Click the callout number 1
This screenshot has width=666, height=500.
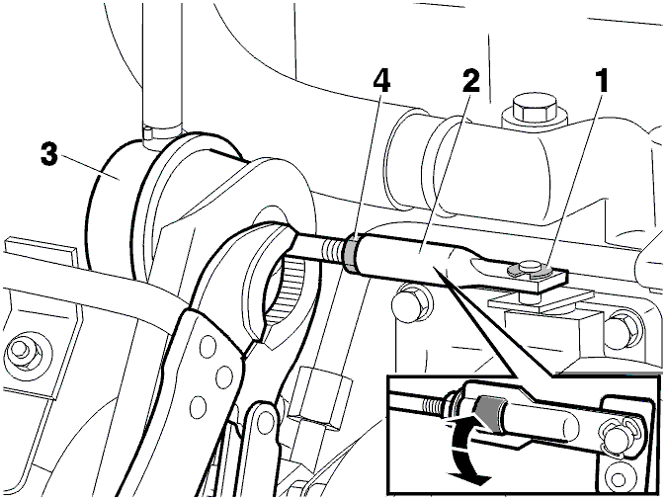(x=601, y=81)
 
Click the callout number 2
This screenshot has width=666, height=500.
(x=470, y=81)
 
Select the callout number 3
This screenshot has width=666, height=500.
(x=48, y=154)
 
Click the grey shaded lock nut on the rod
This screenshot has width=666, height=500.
(x=352, y=254)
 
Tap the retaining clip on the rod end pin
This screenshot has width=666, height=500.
(x=530, y=270)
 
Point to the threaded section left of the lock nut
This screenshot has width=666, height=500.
(x=334, y=252)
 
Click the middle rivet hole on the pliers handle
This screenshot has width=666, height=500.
(x=223, y=375)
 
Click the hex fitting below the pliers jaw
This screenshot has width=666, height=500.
(x=320, y=394)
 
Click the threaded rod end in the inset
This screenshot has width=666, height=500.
(x=432, y=405)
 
